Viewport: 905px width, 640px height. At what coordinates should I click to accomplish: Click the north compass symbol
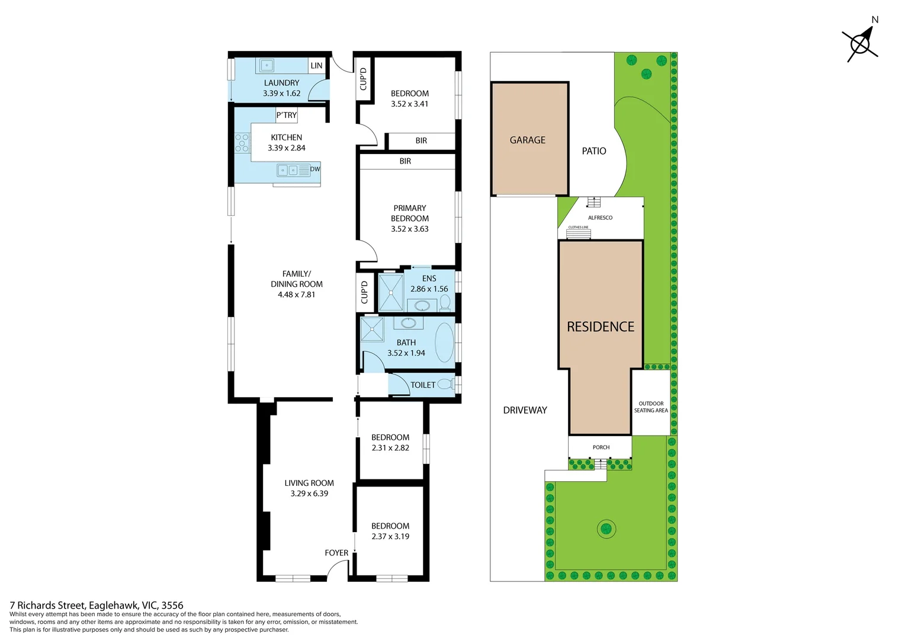pyautogui.click(x=861, y=43)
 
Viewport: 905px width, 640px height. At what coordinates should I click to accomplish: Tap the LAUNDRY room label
pyautogui.click(x=281, y=83)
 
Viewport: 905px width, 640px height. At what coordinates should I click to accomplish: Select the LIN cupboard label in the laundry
pyautogui.click(x=317, y=66)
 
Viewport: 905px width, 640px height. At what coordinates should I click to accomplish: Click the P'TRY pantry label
pyautogui.click(x=286, y=115)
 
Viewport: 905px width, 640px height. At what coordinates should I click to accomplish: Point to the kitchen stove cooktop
pyautogui.click(x=242, y=143)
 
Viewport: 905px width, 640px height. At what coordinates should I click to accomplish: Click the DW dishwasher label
pyautogui.click(x=314, y=169)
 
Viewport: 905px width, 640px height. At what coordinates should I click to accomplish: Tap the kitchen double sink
pyautogui.click(x=288, y=171)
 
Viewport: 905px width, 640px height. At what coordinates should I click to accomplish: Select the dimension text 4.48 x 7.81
pyautogui.click(x=296, y=295)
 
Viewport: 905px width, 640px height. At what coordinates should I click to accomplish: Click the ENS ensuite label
pyautogui.click(x=429, y=279)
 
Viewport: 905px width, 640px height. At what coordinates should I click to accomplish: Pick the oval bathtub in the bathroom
pyautogui.click(x=444, y=343)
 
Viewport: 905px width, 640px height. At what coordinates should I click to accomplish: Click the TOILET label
pyautogui.click(x=423, y=385)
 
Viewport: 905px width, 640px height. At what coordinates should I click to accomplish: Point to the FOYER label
pyautogui.click(x=336, y=553)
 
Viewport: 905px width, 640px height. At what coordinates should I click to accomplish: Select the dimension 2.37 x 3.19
pyautogui.click(x=390, y=536)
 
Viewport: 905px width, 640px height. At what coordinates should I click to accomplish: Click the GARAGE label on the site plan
pyautogui.click(x=527, y=140)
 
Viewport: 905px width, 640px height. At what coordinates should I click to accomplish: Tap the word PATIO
pyautogui.click(x=593, y=151)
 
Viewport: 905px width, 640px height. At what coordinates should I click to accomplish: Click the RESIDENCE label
pyautogui.click(x=600, y=327)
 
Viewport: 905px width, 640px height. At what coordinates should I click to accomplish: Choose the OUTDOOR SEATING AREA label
pyautogui.click(x=651, y=407)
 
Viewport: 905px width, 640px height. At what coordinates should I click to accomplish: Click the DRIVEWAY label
pyautogui.click(x=525, y=410)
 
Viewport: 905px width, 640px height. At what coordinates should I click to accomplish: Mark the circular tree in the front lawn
pyautogui.click(x=606, y=529)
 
